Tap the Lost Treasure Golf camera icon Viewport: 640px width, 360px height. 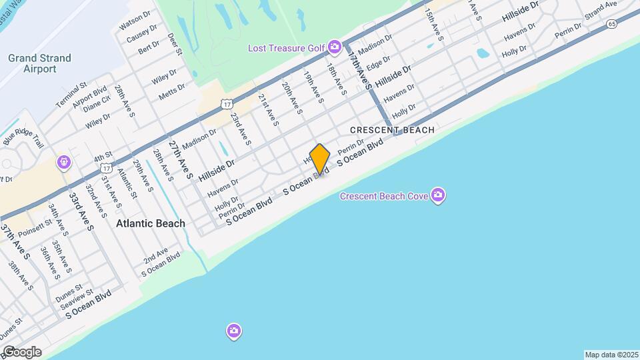(335, 47)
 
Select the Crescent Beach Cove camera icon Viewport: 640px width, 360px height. (438, 195)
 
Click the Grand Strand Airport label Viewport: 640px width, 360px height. (39, 63)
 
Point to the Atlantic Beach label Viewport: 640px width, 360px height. (151, 224)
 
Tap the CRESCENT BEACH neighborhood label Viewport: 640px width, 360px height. (392, 130)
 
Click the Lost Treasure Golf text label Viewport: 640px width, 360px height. (286, 48)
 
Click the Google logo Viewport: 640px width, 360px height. (21, 351)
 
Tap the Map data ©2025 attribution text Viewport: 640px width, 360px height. (611, 355)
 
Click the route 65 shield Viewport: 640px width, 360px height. (612, 24)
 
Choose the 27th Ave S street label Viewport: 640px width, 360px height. (180, 160)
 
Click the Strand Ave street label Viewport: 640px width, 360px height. (601, 10)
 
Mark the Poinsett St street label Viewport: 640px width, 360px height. (34, 231)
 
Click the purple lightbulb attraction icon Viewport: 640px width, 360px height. (64, 161)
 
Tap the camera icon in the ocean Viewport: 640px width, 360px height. (233, 331)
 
